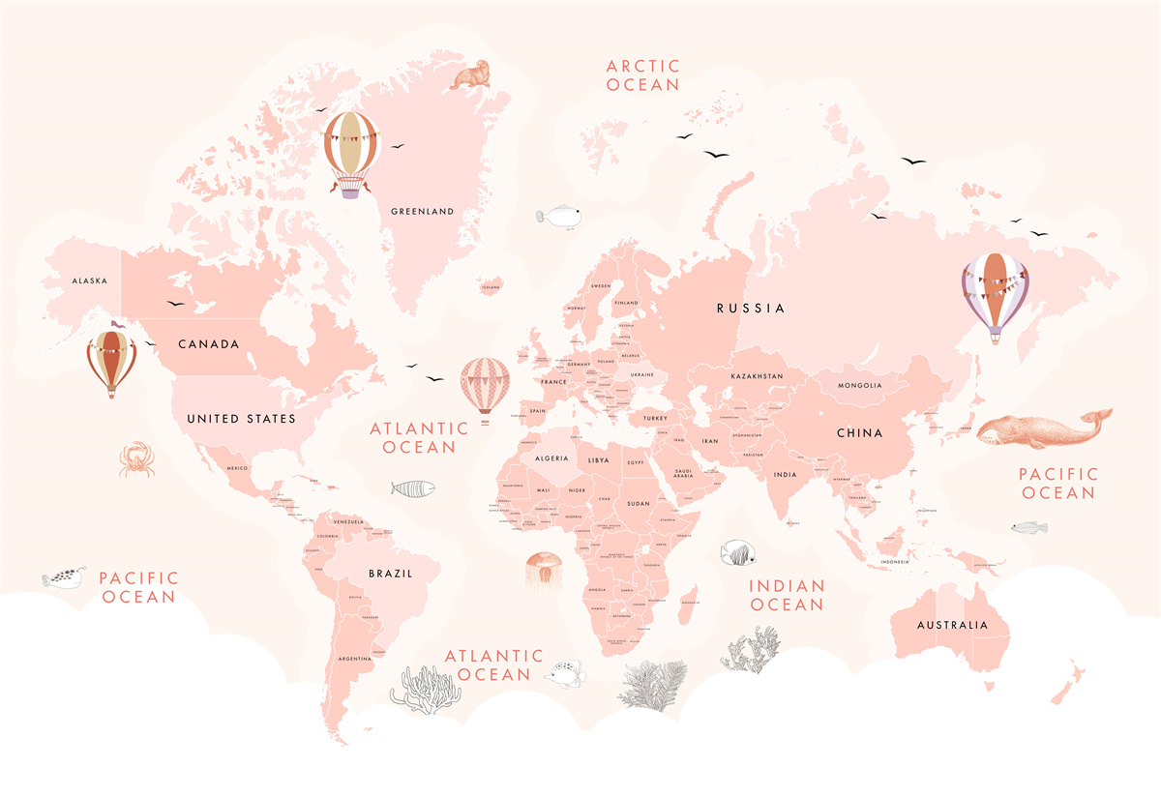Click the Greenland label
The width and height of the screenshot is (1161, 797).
click(422, 212)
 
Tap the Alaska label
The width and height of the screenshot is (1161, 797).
click(90, 281)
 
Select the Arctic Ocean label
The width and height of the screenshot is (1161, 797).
click(643, 75)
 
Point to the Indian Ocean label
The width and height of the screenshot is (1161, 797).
click(788, 595)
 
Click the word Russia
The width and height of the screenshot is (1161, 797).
click(751, 309)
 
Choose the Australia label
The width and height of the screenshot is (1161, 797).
click(953, 625)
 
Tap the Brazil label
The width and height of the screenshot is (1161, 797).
click(390, 574)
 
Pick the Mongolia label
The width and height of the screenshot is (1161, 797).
click(860, 386)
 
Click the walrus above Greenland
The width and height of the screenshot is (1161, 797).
click(470, 74)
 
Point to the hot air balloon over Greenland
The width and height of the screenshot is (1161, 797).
click(352, 153)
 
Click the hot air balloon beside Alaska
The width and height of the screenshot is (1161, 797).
click(110, 363)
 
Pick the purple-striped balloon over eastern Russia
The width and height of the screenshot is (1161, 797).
click(995, 296)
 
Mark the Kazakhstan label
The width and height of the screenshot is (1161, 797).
click(757, 376)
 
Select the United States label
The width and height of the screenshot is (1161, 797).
click(241, 419)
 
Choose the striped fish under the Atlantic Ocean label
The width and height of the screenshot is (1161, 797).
click(413, 488)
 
